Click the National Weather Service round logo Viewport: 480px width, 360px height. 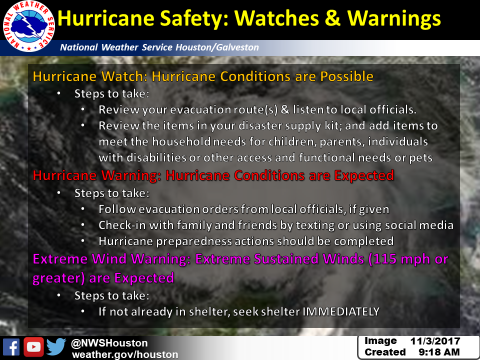pos(29,26)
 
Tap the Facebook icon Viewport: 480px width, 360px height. pos(11,347)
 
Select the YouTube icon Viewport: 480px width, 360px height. pos(33,347)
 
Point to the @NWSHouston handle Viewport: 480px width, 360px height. pos(109,343)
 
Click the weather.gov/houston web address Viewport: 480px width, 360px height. pos(125,354)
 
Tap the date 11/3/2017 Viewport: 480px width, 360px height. pos(435,341)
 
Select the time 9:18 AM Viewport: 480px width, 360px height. pos(439,352)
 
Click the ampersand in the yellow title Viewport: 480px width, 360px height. pos(332,18)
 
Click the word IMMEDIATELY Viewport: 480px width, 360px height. pos(341,311)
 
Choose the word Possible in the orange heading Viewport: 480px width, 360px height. pos(347,76)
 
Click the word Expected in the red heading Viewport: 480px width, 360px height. pos(364,175)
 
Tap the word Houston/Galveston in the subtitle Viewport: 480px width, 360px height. pos(217,47)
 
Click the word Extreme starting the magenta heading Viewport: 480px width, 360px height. pos(60,259)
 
